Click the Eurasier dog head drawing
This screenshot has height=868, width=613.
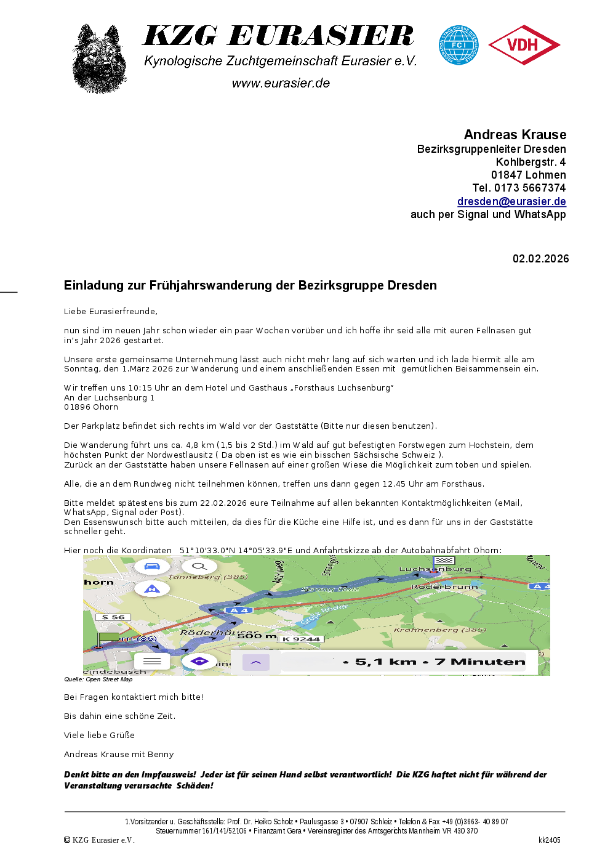tap(100, 59)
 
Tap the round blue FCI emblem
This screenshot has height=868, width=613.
tap(459, 45)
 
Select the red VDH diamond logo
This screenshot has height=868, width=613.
tap(524, 45)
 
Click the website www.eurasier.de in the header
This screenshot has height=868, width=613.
tap(281, 83)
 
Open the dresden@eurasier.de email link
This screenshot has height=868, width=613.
tap(511, 201)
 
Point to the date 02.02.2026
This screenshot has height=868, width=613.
tap(540, 259)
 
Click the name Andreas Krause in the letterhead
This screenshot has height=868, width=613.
tap(515, 135)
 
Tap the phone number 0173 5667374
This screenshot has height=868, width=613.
tap(530, 188)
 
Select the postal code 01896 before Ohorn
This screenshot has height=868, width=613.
tap(77, 407)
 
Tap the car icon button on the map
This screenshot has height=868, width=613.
tap(151, 566)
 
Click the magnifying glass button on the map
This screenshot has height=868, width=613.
tap(199, 566)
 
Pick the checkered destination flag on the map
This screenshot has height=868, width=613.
tap(444, 561)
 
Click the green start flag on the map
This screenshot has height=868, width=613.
tap(108, 638)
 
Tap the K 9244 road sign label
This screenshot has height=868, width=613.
tap(301, 639)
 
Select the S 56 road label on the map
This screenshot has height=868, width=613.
tap(113, 617)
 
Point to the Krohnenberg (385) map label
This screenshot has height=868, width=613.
tap(439, 630)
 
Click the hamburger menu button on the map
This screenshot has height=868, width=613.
tap(152, 661)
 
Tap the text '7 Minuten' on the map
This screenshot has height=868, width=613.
tap(480, 662)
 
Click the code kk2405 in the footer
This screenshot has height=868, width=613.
tap(549, 840)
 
